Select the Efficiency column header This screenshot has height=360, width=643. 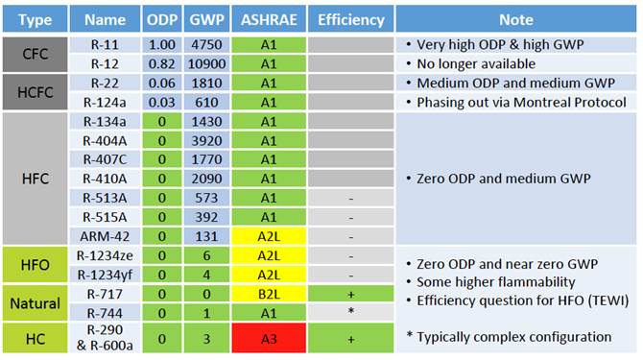350,19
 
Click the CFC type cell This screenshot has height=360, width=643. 36,54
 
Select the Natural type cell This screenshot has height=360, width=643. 36,302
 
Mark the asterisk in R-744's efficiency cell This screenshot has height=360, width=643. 350,313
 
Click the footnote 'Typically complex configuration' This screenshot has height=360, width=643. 510,337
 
